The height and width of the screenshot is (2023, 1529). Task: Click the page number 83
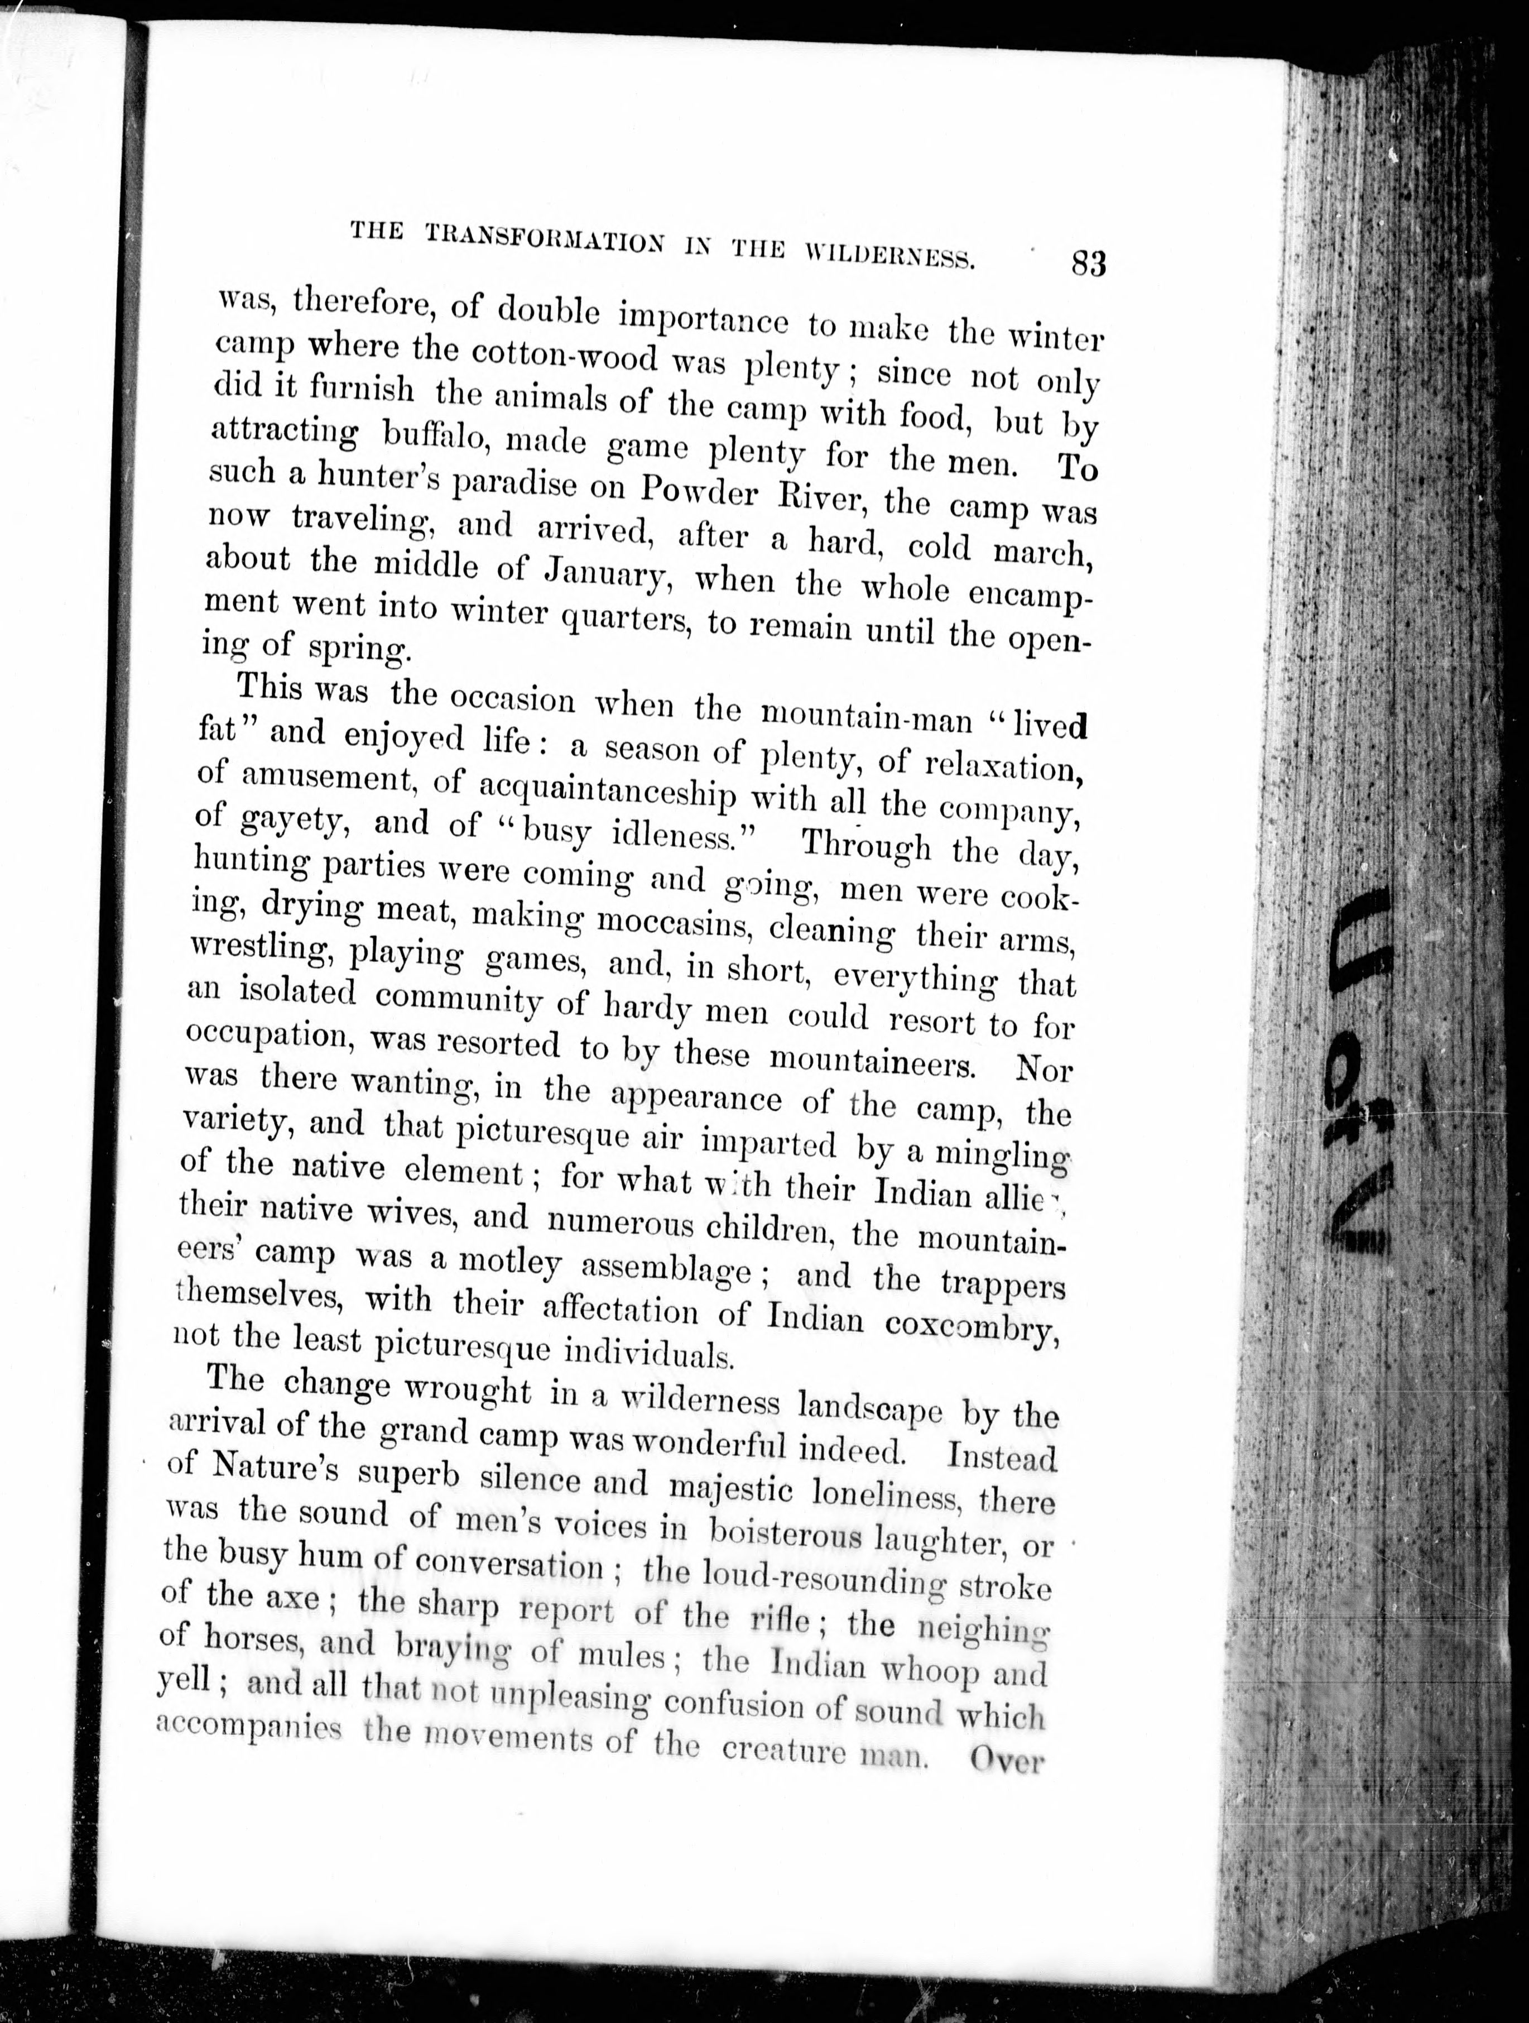click(1088, 263)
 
